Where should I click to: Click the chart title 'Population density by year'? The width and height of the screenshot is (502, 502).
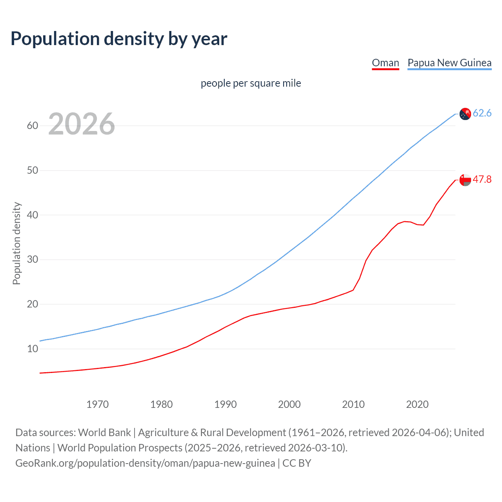click(119, 39)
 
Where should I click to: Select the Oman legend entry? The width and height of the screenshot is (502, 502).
click(385, 63)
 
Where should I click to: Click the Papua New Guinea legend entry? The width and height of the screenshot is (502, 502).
click(449, 63)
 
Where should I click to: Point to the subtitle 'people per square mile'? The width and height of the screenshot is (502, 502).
click(251, 83)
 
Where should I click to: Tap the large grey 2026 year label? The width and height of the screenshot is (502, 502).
click(82, 124)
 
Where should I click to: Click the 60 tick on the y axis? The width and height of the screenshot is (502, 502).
click(33, 126)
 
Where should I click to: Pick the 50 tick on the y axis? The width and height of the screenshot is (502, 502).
click(33, 170)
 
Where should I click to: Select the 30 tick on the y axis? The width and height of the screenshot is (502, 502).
click(33, 260)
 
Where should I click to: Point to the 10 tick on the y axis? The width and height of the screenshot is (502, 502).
click(33, 349)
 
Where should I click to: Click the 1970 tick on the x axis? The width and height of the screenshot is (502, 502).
click(97, 404)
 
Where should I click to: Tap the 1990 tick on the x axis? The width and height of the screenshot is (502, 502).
click(225, 404)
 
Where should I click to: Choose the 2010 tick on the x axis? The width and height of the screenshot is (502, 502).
click(353, 404)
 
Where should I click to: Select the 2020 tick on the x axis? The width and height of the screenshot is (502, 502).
click(417, 404)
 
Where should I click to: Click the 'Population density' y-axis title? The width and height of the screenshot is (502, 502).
click(16, 243)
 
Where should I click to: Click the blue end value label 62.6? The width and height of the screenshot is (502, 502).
click(482, 113)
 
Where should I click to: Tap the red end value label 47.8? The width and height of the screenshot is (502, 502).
click(482, 180)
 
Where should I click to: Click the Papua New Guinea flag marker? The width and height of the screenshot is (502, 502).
click(465, 114)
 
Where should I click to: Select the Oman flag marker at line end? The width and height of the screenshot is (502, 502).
click(465, 180)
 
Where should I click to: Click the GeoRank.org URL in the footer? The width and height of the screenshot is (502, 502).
click(145, 463)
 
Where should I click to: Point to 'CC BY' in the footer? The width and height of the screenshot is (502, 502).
click(297, 463)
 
